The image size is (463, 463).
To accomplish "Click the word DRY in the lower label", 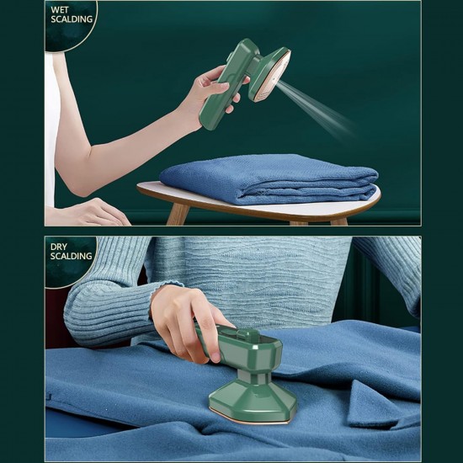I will point(59,246).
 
